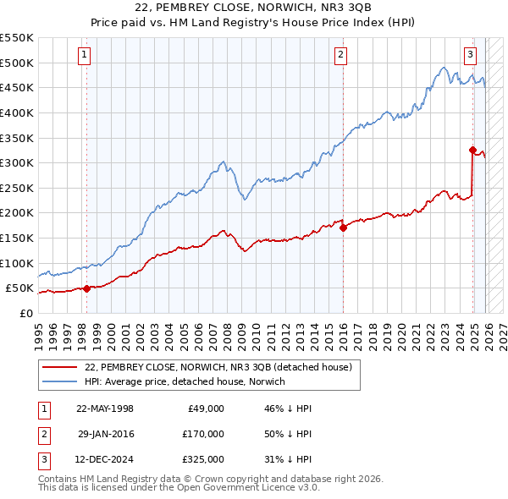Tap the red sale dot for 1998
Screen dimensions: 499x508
point(86,288)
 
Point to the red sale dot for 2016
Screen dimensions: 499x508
point(343,228)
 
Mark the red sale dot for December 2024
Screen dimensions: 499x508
point(472,150)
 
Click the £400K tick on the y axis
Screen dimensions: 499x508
point(17,112)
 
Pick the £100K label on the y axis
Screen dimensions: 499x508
point(17,263)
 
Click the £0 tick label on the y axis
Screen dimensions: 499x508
point(25,313)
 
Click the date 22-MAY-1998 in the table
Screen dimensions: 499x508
point(105,409)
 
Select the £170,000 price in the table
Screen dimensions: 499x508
point(203,434)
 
